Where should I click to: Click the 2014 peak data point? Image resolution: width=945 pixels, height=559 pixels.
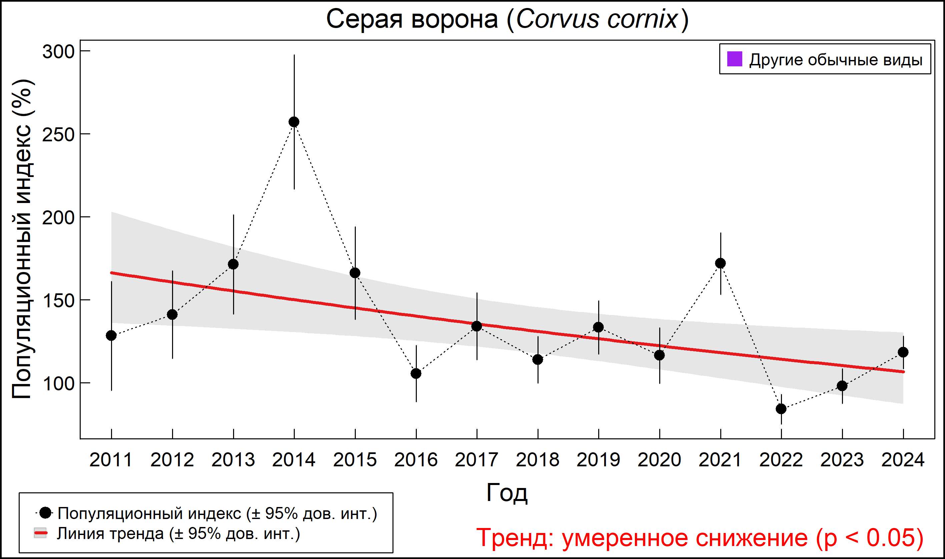click(x=294, y=122)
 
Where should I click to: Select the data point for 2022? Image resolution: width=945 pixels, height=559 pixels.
click(x=781, y=409)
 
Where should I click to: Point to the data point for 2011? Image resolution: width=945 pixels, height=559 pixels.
click(x=111, y=335)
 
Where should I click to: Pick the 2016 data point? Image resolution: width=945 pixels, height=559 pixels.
click(x=416, y=373)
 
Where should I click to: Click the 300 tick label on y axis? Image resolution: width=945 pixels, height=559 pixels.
click(x=58, y=52)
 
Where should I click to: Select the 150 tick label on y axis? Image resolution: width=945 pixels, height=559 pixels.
click(x=58, y=301)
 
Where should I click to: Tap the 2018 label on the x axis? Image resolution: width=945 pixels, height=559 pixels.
click(x=538, y=460)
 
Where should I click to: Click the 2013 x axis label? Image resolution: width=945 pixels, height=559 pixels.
click(x=233, y=460)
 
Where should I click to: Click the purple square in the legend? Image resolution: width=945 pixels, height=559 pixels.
click(x=734, y=59)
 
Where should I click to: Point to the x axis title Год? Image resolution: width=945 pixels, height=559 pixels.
click(x=507, y=492)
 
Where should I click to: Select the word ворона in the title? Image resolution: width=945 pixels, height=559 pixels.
click(x=454, y=19)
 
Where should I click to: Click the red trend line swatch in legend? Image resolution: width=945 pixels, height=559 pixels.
click(x=41, y=533)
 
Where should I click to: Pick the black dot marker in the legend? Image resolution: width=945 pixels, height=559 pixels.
click(x=46, y=513)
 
